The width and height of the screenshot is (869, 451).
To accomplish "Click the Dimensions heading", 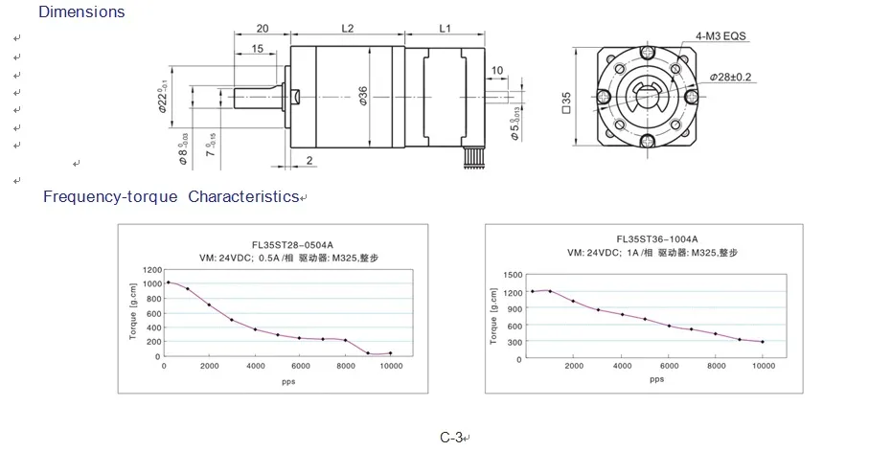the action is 81,11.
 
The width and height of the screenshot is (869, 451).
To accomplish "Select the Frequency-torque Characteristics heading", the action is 172,196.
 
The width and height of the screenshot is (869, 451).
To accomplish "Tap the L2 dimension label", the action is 348,28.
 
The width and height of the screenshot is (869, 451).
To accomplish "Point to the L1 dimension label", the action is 445,28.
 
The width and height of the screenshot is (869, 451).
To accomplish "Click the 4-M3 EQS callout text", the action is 721,36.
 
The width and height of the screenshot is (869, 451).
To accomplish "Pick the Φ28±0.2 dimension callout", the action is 730,77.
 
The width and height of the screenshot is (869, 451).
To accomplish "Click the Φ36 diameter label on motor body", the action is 363,96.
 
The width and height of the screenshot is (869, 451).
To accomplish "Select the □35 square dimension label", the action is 566,102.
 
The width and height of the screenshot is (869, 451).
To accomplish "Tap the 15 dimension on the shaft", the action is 257,48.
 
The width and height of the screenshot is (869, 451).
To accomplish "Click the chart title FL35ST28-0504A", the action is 292,245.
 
